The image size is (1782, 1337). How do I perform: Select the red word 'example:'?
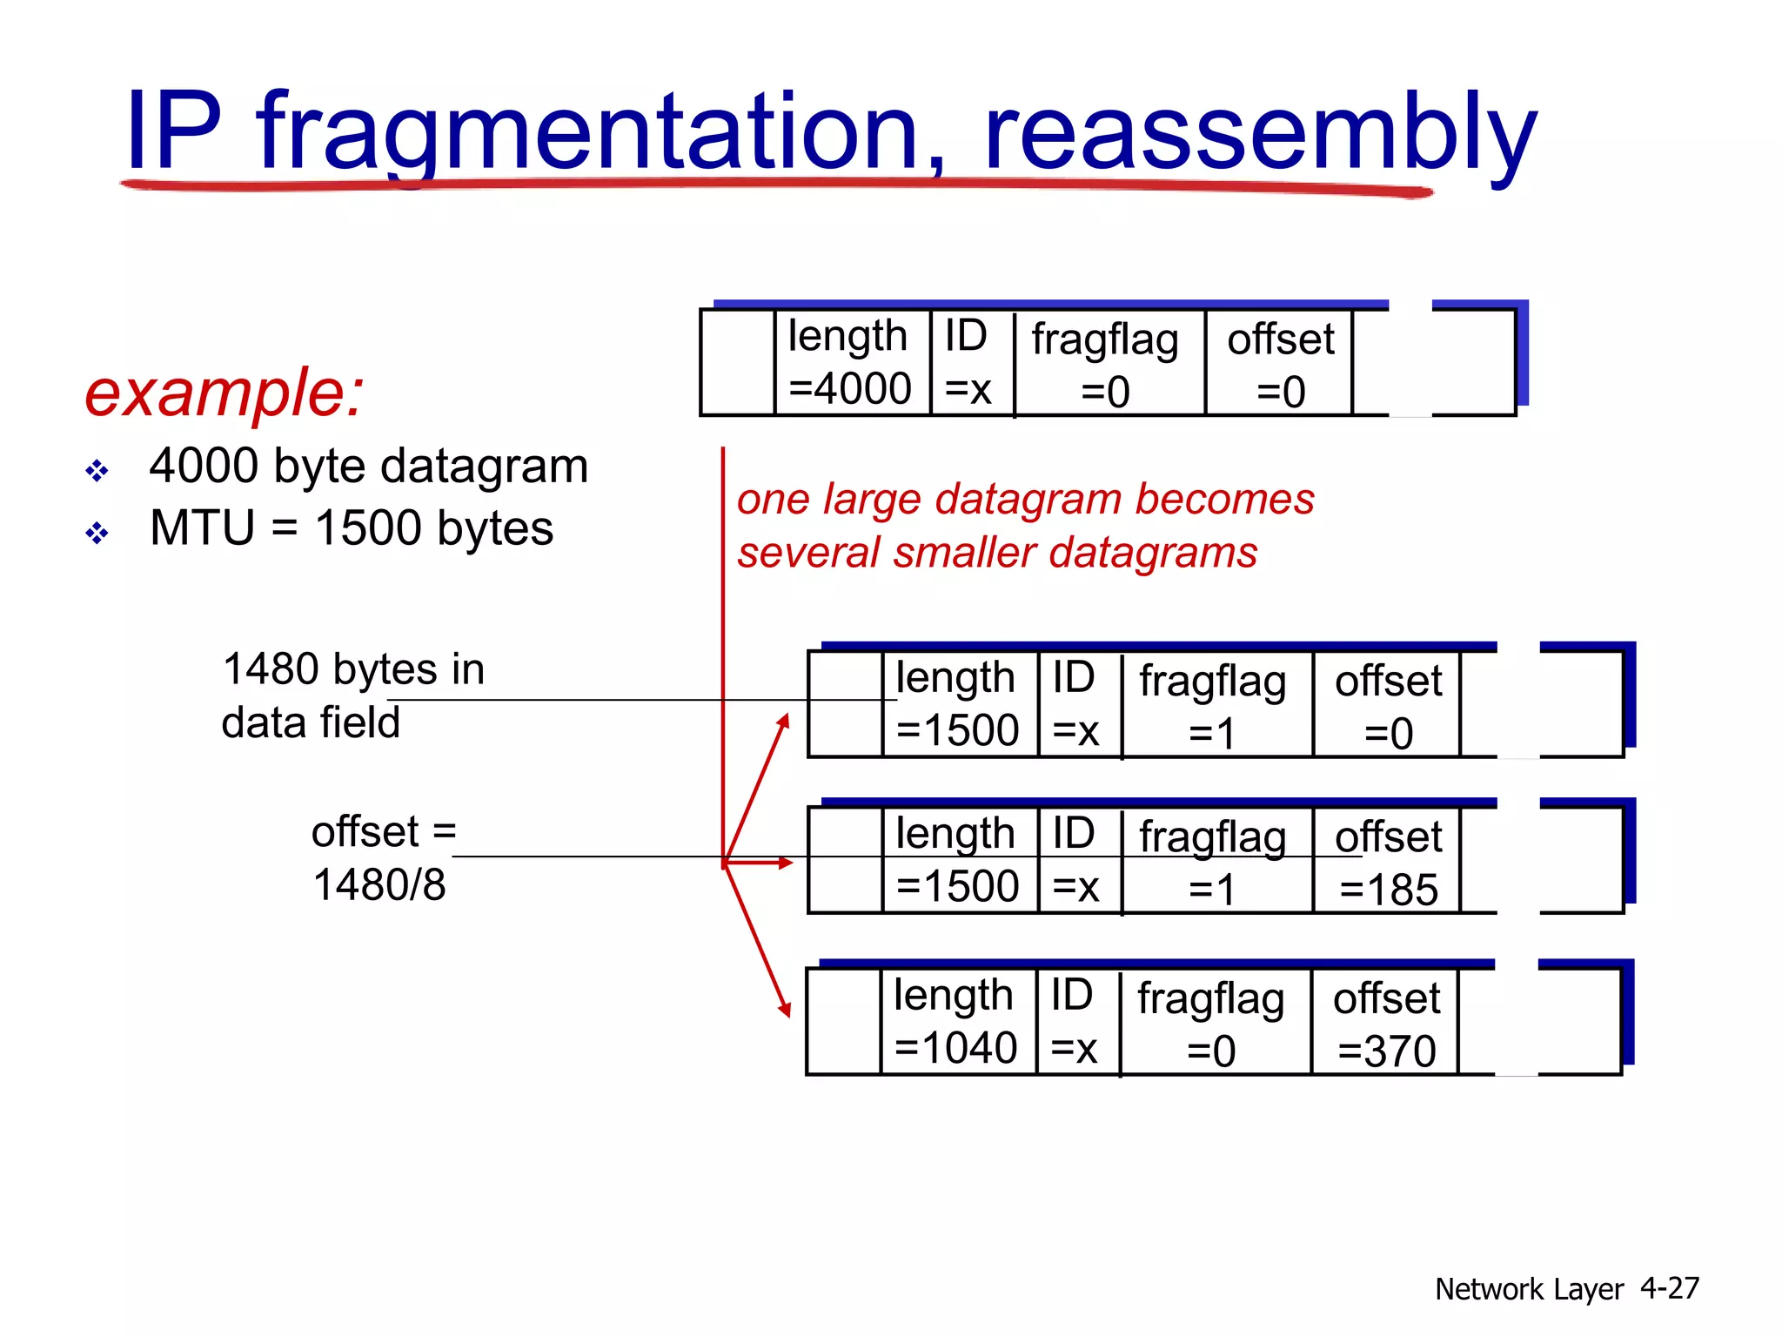tap(224, 393)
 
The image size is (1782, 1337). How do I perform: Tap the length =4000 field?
tap(850, 362)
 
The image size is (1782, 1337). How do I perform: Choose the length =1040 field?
tap(955, 1021)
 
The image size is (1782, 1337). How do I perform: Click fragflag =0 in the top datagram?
tap(1105, 364)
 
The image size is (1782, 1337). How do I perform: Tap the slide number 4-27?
tap(1669, 1287)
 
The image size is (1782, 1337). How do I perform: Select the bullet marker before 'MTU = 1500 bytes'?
tap(97, 532)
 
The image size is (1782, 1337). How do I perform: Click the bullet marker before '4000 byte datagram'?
tap(97, 471)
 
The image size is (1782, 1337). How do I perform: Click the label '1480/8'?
tap(379, 885)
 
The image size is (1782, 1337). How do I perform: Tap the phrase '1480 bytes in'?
tap(353, 669)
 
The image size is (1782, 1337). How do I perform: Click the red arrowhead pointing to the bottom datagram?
tap(786, 1010)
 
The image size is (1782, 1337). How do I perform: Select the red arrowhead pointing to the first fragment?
tap(784, 722)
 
